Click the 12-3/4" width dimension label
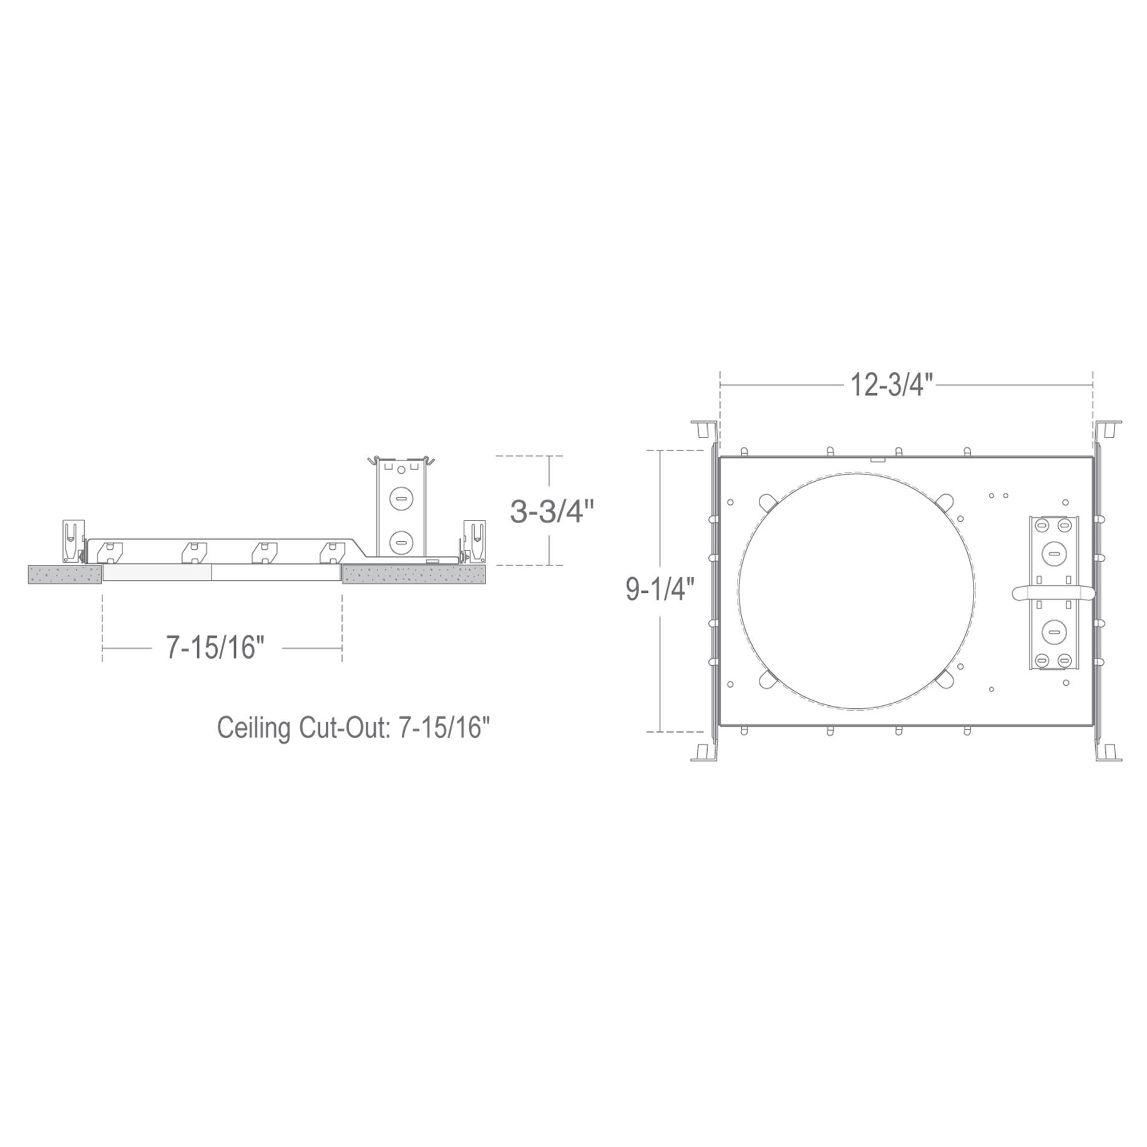coord(892,386)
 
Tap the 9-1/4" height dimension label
coord(660,589)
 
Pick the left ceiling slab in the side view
coord(65,574)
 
